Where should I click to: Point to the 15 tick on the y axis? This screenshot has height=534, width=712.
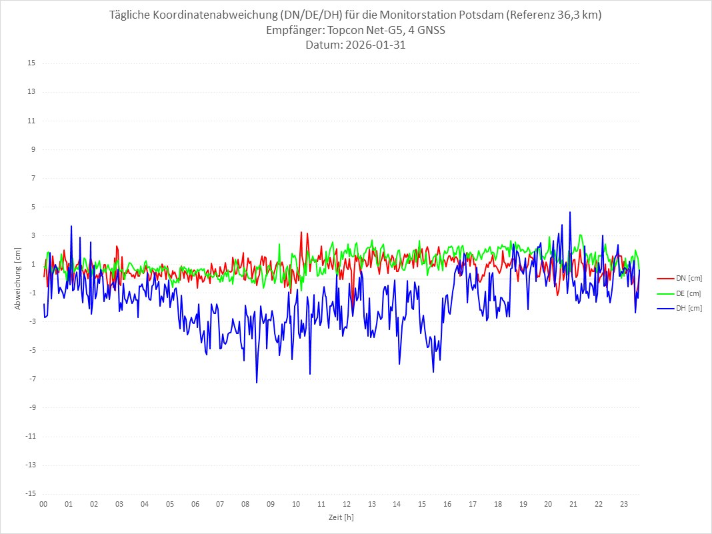click(31, 63)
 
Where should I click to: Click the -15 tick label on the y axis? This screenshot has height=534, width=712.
click(30, 493)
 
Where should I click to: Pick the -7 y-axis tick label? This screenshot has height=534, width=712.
click(31, 379)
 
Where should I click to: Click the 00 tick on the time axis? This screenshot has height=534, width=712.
click(43, 504)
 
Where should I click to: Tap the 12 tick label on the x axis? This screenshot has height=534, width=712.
click(347, 504)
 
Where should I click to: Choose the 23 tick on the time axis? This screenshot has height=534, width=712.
click(624, 504)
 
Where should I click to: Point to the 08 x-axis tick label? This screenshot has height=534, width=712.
click(245, 504)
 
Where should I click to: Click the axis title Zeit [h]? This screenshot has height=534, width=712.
click(341, 517)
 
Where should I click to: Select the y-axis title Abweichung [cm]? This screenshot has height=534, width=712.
click(18, 279)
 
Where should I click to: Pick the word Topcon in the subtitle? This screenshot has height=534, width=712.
click(346, 31)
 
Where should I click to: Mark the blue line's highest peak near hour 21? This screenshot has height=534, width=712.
click(570, 212)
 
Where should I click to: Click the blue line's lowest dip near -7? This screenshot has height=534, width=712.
click(257, 383)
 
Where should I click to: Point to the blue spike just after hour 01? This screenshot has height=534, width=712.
click(71, 226)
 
